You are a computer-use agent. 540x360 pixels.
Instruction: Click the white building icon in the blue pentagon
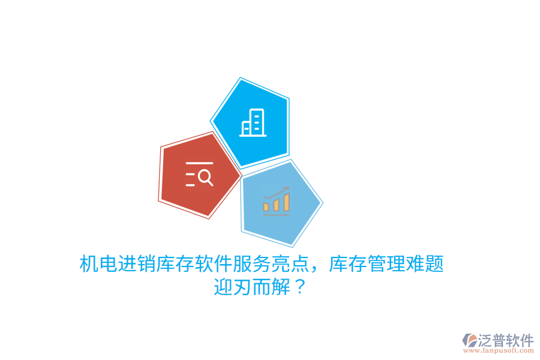click(253, 123)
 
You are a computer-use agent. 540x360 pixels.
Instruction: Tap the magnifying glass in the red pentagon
click(205, 177)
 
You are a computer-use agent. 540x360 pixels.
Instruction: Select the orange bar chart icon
click(276, 202)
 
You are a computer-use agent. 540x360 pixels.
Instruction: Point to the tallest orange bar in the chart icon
click(287, 202)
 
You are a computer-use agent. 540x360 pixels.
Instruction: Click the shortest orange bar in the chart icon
click(266, 207)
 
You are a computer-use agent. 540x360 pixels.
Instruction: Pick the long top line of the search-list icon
click(199, 163)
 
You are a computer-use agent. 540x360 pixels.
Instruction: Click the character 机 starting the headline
click(89, 264)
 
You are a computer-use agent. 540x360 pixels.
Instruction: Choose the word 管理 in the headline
click(387, 264)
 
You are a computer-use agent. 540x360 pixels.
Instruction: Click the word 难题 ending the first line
click(425, 264)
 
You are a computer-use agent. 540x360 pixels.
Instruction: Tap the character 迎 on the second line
click(223, 287)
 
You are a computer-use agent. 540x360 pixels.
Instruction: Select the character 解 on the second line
click(281, 287)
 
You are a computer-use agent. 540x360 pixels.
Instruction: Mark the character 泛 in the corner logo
click(485, 341)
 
